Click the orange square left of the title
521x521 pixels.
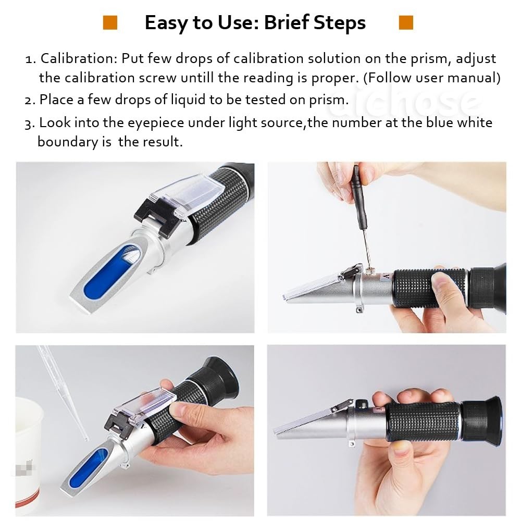tap(110, 23)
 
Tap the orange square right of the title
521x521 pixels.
tap(406, 23)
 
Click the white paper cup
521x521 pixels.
tap(29, 448)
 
